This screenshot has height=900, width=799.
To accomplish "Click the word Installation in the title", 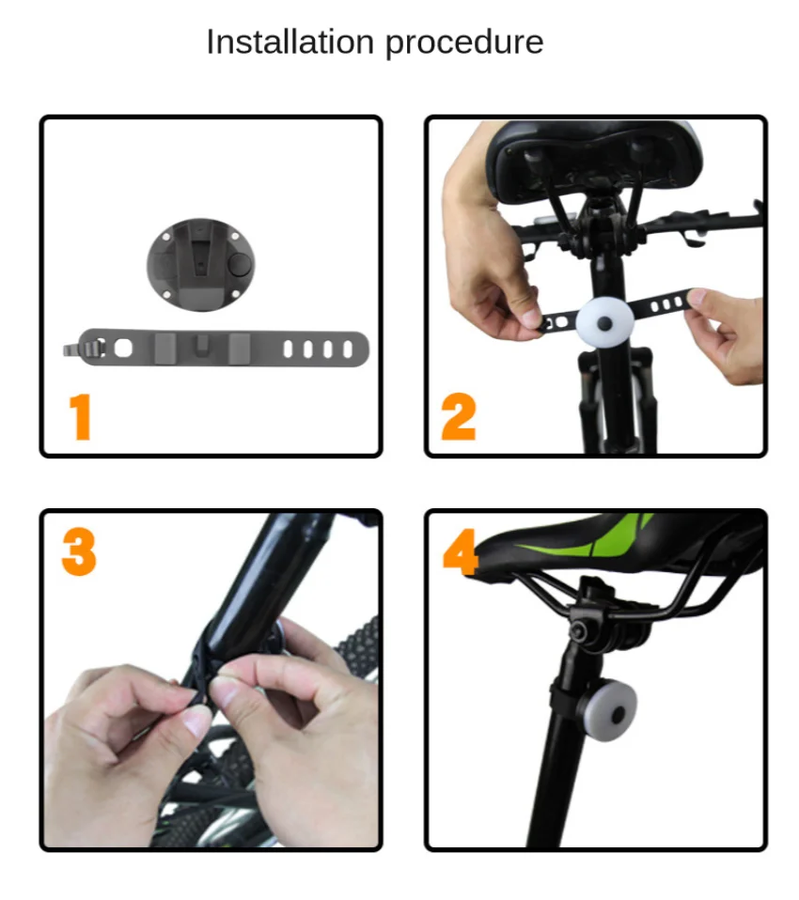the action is [x=290, y=42].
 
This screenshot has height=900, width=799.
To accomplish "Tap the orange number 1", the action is [x=81, y=417].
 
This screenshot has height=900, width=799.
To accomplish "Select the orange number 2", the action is [x=459, y=417].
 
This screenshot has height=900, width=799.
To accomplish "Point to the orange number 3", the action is [x=79, y=551].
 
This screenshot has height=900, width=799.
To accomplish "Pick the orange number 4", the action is [x=461, y=551].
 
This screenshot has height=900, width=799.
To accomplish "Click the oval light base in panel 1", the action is [x=200, y=265].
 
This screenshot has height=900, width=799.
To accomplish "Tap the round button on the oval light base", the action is [x=239, y=265].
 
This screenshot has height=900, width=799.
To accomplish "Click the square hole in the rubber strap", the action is [x=123, y=348].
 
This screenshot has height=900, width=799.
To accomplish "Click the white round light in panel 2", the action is [x=604, y=322].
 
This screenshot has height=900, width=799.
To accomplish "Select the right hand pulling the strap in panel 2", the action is [x=725, y=333].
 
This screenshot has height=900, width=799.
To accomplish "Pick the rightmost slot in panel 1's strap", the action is [x=348, y=349].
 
